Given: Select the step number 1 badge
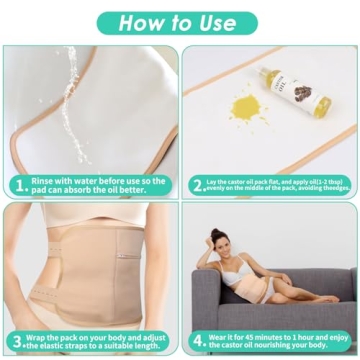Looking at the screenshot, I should tap(18, 185).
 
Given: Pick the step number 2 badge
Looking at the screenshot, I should tap(198, 185).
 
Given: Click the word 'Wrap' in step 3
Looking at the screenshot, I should tap(43, 337).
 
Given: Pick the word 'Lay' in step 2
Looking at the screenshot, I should tap(218, 181).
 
